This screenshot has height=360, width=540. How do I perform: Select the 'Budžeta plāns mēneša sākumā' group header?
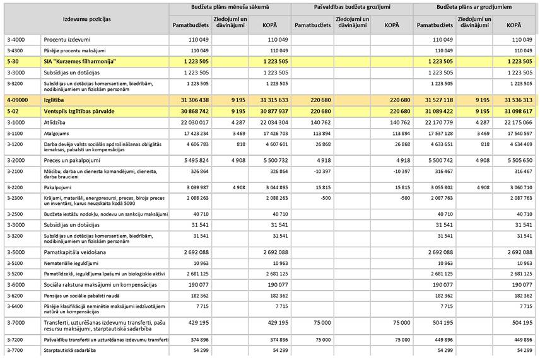(230, 7)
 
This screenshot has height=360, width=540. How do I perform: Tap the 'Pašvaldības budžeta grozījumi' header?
(352, 7)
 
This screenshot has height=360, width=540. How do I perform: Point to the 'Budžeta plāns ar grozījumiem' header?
(474, 7)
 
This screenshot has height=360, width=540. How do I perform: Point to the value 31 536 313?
(515, 100)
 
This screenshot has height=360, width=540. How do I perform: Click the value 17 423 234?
(192, 134)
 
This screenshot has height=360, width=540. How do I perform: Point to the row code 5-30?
(13, 62)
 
